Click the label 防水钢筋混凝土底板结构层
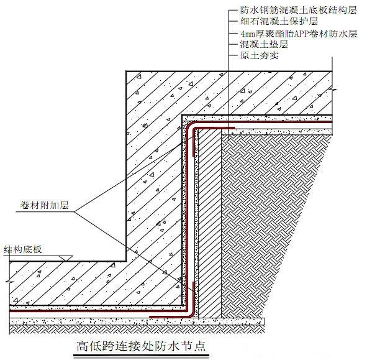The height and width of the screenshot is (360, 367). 299,10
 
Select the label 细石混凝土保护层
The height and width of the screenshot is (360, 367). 279,21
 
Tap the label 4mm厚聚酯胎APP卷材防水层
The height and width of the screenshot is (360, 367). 299,34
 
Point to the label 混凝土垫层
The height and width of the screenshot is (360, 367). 264,44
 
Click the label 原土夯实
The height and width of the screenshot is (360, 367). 260,55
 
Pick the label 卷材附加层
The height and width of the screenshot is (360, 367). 45,205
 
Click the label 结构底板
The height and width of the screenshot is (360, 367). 23,249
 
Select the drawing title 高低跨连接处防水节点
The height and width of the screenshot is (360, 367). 141,346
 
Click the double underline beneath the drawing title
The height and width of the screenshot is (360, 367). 141,356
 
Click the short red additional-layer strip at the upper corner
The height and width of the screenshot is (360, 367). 214,128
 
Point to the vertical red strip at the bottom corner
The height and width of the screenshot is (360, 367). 194,299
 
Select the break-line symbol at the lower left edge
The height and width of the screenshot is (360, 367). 9,281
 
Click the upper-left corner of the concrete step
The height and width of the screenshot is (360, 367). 126,71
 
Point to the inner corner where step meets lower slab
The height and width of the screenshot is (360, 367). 126,261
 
